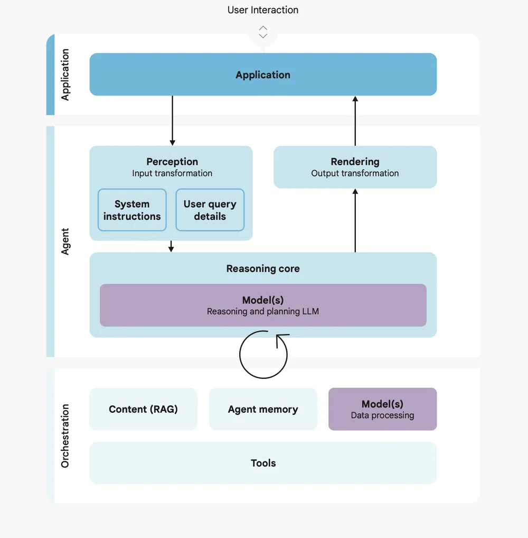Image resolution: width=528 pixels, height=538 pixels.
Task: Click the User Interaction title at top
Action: click(263, 10)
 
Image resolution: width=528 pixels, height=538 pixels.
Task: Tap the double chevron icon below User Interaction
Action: click(263, 32)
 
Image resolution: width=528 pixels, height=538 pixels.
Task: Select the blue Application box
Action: click(263, 75)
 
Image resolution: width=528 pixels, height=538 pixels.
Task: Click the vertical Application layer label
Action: click(65, 75)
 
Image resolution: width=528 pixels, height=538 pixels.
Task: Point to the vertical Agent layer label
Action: click(65, 242)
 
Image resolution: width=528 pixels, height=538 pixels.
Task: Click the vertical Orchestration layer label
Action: click(65, 436)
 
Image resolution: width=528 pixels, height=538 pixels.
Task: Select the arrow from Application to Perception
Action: click(172, 120)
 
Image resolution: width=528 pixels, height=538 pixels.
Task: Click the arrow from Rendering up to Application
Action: click(355, 120)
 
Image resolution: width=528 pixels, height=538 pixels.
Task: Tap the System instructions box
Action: click(132, 210)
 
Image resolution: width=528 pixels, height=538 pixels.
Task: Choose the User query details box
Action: click(210, 210)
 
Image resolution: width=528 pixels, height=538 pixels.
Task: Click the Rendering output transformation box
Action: click(355, 167)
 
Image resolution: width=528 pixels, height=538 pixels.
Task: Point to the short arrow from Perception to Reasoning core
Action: click(171, 246)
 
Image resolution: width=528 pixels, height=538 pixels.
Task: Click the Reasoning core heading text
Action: click(263, 268)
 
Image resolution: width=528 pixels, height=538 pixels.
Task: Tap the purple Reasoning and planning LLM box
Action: click(263, 305)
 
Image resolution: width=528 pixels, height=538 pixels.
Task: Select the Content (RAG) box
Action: click(143, 409)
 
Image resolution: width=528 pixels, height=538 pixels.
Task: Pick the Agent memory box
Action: click(263, 409)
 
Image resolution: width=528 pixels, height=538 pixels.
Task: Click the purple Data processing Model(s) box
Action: click(382, 409)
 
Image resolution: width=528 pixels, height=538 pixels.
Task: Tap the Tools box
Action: click(263, 463)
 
